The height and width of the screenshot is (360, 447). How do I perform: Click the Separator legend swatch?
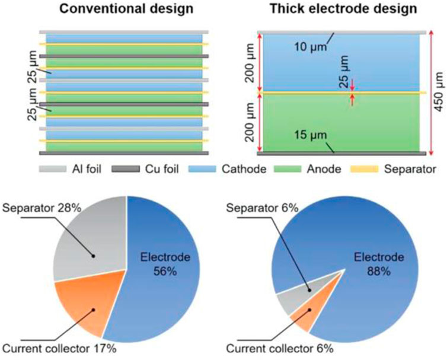click(365, 169)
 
